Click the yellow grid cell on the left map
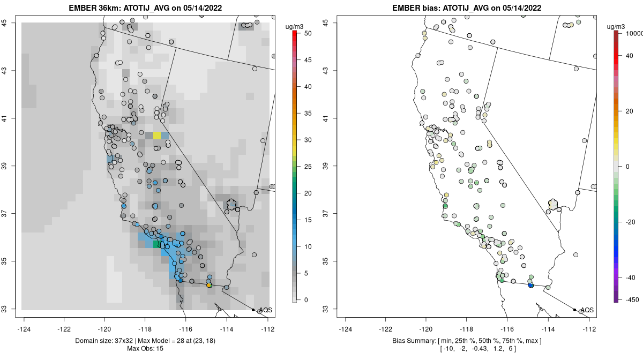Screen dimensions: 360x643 click(156, 135)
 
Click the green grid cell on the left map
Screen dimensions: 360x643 click(156, 244)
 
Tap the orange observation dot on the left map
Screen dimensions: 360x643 click(209, 286)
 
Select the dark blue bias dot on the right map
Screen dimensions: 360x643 click(530, 286)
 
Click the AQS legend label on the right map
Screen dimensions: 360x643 click(587, 310)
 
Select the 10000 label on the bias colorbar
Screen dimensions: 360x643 click(633, 33)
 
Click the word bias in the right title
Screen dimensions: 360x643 click(430, 8)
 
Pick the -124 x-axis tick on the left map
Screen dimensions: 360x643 click(25, 329)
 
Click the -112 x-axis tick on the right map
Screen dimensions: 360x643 click(589, 329)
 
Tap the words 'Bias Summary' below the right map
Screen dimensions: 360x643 click(409, 341)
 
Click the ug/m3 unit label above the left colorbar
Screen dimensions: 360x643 click(296, 25)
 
